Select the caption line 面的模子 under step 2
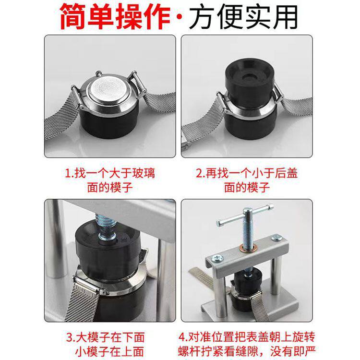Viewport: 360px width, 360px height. coord(247,187)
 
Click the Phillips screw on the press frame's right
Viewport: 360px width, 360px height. coord(276,238)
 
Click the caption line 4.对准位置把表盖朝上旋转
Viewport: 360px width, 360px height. coord(247,337)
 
